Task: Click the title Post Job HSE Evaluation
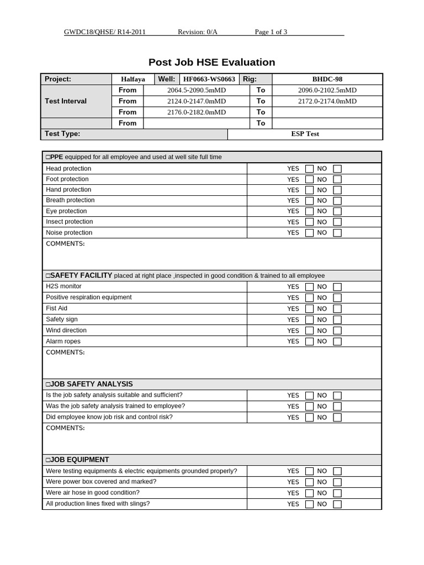[211, 62]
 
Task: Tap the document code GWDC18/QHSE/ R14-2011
[105, 31]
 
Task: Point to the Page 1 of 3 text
[271, 31]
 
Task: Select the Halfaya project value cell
[133, 79]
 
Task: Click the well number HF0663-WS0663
[209, 79]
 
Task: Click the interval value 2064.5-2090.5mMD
[197, 90]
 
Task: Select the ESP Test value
[305, 134]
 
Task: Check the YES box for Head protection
[309, 169]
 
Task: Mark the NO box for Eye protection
[337, 211]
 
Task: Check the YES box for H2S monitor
[309, 287]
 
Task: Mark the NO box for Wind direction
[337, 331]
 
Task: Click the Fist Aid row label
[57, 308]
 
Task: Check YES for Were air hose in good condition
[309, 493]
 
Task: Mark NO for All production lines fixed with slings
[337, 504]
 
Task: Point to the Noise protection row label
[69, 232]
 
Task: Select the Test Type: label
[62, 134]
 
